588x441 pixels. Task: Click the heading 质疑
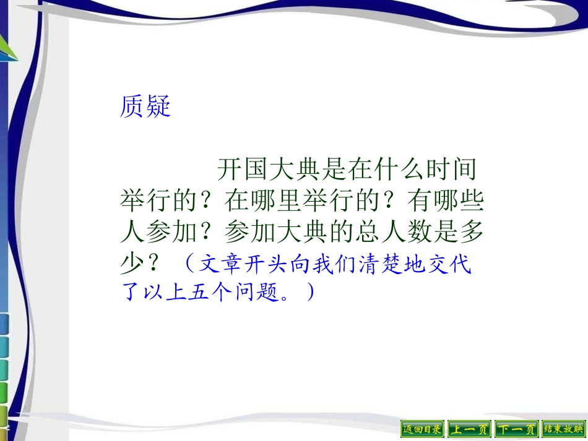[x=145, y=107]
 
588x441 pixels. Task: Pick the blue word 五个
[x=211, y=291]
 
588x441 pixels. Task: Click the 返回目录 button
[x=423, y=429]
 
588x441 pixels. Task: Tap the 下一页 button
[x=517, y=429]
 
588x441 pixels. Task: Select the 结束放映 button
[x=563, y=429]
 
